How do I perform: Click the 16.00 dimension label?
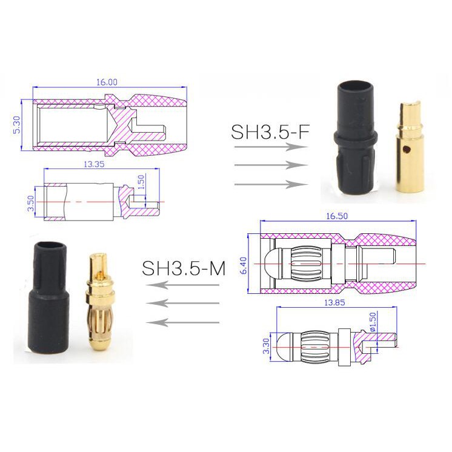coord(107,82)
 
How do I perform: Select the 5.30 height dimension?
coord(17,125)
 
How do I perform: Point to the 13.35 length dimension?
coord(95,164)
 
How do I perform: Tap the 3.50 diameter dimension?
coord(31,203)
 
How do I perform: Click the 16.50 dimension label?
coord(337,216)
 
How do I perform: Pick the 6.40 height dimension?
coord(244,265)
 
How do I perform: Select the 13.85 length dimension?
coord(334,302)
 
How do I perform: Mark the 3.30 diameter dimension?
coord(266,346)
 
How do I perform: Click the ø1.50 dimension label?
coord(373,322)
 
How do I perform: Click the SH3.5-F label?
coord(270,132)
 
